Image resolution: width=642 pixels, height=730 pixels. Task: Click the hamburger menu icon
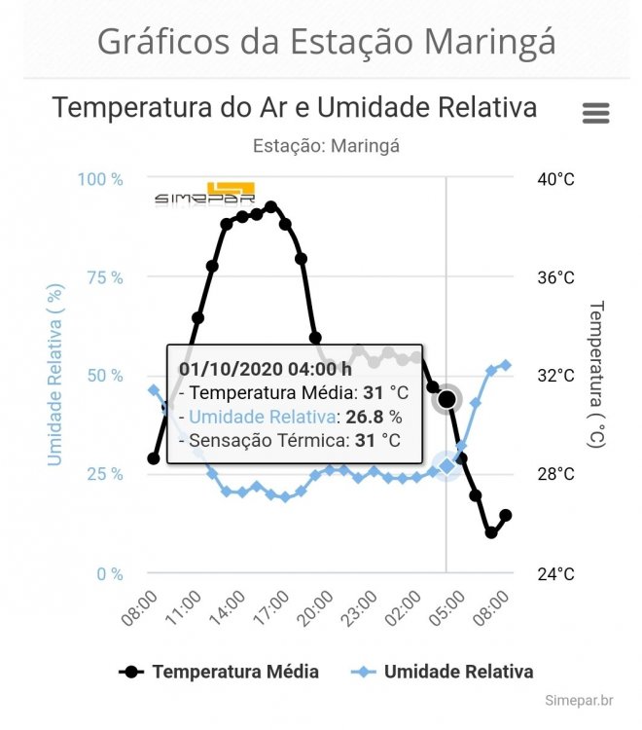click(595, 113)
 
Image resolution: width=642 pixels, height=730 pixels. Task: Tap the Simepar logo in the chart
click(205, 194)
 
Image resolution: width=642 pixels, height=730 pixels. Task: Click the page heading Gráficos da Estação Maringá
click(327, 42)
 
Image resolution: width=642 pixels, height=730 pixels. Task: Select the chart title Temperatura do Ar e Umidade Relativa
click(295, 107)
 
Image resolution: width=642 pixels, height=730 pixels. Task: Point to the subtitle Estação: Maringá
click(326, 146)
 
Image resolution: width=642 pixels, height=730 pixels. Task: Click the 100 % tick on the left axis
click(101, 180)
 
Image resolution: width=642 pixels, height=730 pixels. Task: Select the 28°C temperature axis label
click(555, 474)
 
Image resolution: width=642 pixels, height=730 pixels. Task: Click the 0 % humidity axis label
click(106, 573)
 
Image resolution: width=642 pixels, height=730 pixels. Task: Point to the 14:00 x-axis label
click(227, 609)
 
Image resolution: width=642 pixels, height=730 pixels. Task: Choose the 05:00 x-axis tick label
click(447, 609)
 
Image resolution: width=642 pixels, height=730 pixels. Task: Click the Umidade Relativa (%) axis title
click(55, 375)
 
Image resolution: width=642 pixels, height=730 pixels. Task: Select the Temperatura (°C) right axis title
click(596, 374)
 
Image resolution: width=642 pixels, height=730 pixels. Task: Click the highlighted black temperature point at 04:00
click(446, 399)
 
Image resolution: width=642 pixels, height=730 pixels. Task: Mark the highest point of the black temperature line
click(271, 206)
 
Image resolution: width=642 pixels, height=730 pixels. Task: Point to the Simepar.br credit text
click(579, 700)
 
